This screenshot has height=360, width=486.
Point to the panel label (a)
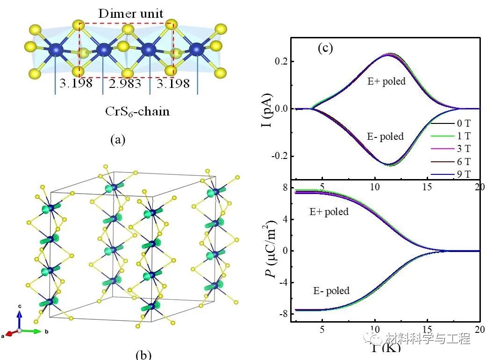point(117,139)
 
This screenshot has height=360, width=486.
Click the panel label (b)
point(143,354)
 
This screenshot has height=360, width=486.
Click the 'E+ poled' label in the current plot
point(386,81)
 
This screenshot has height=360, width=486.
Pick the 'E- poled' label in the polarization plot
point(331,291)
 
